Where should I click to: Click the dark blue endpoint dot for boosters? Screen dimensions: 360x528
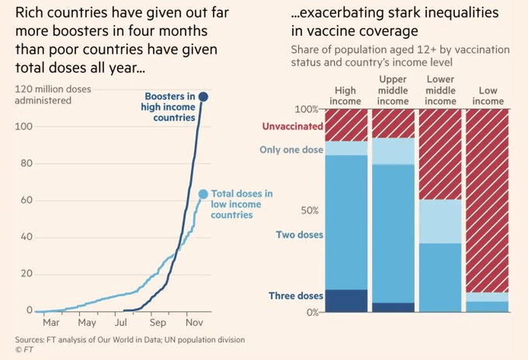(203, 96)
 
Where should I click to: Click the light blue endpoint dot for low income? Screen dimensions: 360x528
(203, 194)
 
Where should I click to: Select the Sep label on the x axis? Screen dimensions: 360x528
(158, 322)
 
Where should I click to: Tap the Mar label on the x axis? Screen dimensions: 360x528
(51, 322)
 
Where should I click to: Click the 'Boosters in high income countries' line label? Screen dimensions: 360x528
(169, 107)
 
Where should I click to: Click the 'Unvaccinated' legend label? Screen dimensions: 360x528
(292, 126)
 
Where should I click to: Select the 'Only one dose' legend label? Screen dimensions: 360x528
(292, 150)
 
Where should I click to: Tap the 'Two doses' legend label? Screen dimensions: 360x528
(299, 234)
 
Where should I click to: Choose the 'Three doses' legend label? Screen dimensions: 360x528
(296, 296)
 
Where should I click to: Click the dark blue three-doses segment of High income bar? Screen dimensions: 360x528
(345, 301)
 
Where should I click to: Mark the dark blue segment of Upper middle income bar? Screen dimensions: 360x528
(393, 307)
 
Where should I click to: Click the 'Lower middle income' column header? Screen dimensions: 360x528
(441, 91)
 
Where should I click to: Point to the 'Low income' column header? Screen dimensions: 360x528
(487, 96)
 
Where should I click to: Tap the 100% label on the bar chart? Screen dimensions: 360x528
(307, 109)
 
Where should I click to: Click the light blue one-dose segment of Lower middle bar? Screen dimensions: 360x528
(441, 222)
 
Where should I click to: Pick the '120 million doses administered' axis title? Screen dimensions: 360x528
(53, 95)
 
